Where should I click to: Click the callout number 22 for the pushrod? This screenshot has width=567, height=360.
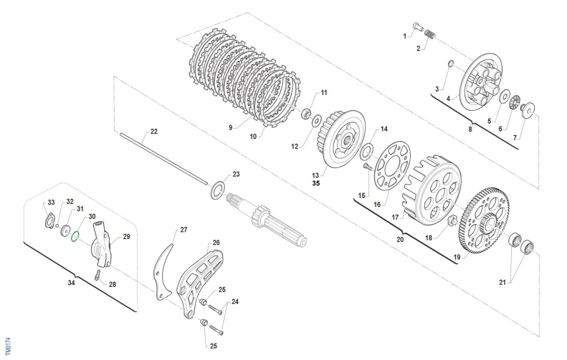click(154, 131)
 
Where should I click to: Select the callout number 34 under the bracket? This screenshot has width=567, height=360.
click(71, 283)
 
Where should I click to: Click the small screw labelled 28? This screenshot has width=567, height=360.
click(97, 274)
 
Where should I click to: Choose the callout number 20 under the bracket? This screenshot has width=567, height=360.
click(399, 239)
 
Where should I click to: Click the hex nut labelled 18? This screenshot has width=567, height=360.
click(452, 221)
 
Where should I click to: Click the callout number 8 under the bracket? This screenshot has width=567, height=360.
click(470, 129)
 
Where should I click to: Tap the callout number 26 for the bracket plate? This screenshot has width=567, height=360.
click(216, 243)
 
